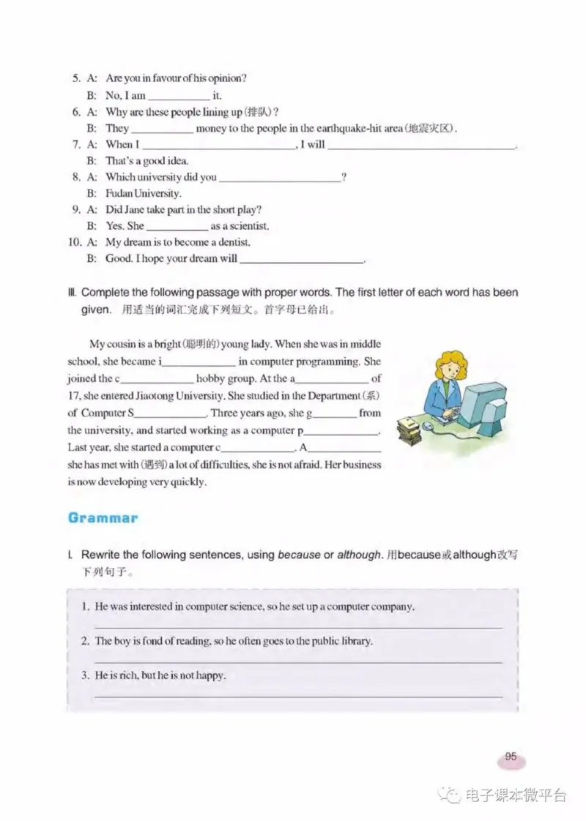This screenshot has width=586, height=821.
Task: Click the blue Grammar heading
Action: (103, 517)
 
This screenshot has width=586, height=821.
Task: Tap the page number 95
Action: (511, 757)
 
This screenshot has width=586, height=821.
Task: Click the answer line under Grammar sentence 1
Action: (299, 626)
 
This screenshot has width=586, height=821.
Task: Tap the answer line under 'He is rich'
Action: (299, 696)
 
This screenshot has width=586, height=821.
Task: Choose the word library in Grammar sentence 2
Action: (355, 641)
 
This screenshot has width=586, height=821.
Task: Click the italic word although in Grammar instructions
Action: (360, 555)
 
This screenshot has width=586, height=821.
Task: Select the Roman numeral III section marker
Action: (71, 293)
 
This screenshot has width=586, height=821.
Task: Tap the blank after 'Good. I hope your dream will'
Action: (302, 260)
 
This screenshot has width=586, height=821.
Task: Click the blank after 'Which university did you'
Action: (280, 178)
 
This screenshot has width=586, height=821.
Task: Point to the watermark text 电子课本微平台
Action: (516, 795)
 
